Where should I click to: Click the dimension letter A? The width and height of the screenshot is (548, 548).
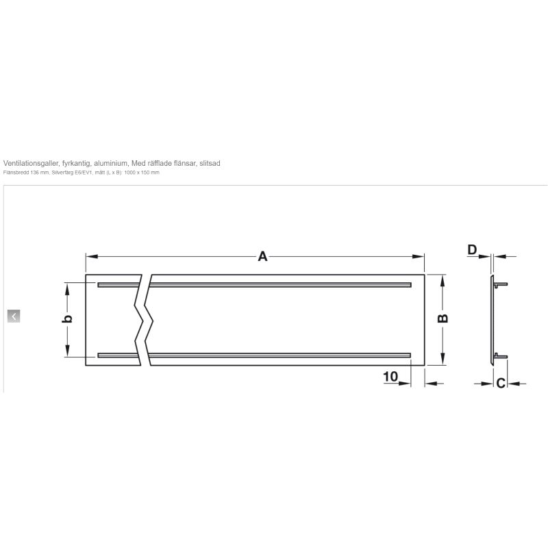(x=262, y=256)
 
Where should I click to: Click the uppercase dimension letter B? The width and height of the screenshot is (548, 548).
(x=443, y=319)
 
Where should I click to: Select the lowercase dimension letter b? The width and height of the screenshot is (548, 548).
(x=67, y=319)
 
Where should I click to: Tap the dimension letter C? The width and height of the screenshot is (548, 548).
(x=501, y=384)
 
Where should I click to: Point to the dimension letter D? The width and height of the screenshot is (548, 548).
(x=472, y=250)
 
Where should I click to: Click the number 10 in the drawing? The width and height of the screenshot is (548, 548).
(x=390, y=377)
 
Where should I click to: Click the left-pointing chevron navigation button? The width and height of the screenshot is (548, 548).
(x=14, y=316)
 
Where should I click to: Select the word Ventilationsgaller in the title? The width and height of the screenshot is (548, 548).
(x=31, y=163)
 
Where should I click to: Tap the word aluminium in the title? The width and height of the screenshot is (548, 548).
(x=111, y=163)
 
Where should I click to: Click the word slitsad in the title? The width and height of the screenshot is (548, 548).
(x=210, y=163)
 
